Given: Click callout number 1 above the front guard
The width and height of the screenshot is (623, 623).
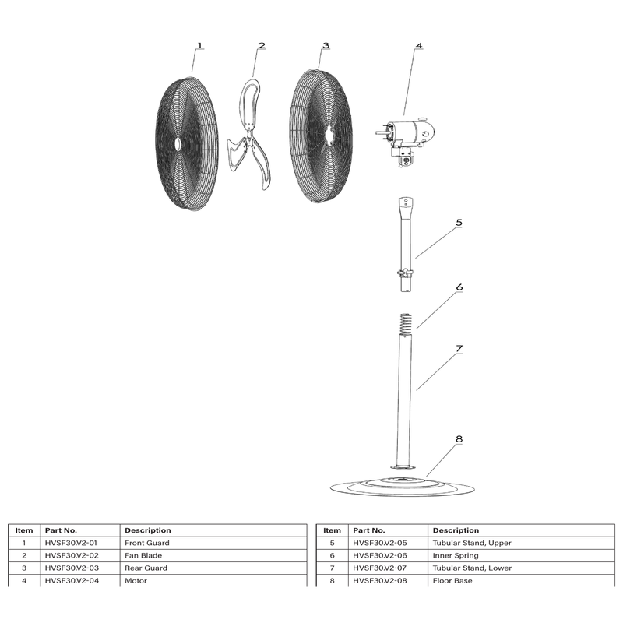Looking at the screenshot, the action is [200, 46].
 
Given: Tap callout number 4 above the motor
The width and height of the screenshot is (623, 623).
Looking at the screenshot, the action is [419, 46].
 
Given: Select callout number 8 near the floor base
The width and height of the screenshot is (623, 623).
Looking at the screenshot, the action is [459, 439].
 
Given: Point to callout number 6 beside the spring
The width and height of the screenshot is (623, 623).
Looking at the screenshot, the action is [459, 287].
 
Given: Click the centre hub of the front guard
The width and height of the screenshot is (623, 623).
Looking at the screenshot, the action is [178, 144].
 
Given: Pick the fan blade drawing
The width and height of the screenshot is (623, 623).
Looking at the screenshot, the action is [249, 134].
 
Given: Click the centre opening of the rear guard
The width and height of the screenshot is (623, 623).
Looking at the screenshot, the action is [329, 135].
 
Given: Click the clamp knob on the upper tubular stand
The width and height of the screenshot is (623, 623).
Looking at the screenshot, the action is [405, 273].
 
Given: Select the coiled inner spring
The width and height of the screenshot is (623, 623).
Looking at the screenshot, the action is [405, 325].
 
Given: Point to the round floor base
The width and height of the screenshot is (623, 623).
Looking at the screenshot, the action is [402, 487].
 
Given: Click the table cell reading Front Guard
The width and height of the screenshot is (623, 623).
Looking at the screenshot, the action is [147, 543].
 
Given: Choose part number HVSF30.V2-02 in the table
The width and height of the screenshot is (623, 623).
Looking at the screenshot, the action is [72, 555].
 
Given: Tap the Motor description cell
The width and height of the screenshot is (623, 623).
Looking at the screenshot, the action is [136, 580].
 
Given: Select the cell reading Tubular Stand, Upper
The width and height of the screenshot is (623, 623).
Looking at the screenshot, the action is [472, 543].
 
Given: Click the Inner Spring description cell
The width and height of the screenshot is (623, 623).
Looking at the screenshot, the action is [456, 555].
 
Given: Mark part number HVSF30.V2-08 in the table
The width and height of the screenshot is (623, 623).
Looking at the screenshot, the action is [380, 580].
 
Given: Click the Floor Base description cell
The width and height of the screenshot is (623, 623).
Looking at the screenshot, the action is [452, 580].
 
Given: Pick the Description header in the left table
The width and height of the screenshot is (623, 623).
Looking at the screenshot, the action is [148, 530].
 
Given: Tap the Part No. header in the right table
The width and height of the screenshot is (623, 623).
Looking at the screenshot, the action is [369, 530].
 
